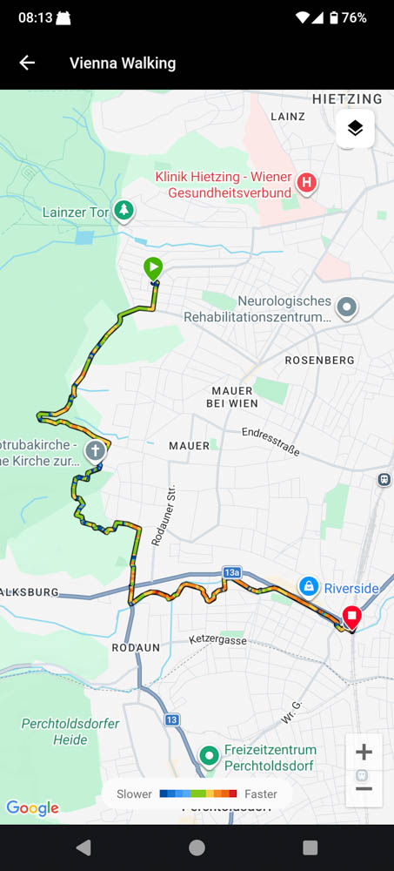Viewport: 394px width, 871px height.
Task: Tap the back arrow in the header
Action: [27, 63]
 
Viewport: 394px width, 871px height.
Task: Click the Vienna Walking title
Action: [123, 63]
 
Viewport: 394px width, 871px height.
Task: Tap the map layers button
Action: [355, 129]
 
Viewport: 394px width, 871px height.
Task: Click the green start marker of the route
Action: [153, 268]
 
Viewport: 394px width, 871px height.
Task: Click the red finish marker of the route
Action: [351, 618]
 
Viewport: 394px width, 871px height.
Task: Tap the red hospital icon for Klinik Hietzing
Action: [306, 183]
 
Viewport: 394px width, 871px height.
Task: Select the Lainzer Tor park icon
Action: [125, 210]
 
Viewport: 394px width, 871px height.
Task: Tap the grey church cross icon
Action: [95, 450]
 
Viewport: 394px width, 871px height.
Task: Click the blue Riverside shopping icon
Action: [307, 587]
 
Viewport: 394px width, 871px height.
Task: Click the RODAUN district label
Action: [136, 648]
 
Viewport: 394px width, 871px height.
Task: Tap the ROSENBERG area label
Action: [320, 360]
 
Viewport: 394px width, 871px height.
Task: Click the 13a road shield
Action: [230, 572]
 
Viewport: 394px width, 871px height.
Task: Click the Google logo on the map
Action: [33, 808]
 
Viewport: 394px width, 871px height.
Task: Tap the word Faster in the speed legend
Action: [261, 793]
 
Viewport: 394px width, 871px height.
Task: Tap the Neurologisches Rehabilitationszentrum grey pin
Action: [347, 307]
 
